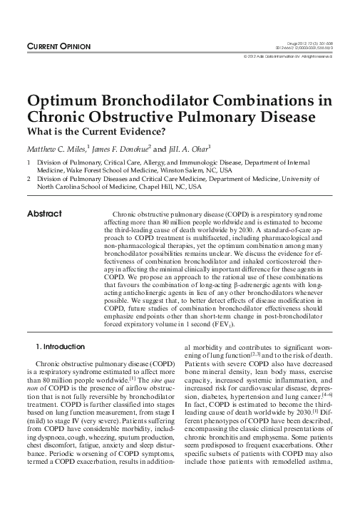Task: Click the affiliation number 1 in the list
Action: (x=29, y=162)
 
